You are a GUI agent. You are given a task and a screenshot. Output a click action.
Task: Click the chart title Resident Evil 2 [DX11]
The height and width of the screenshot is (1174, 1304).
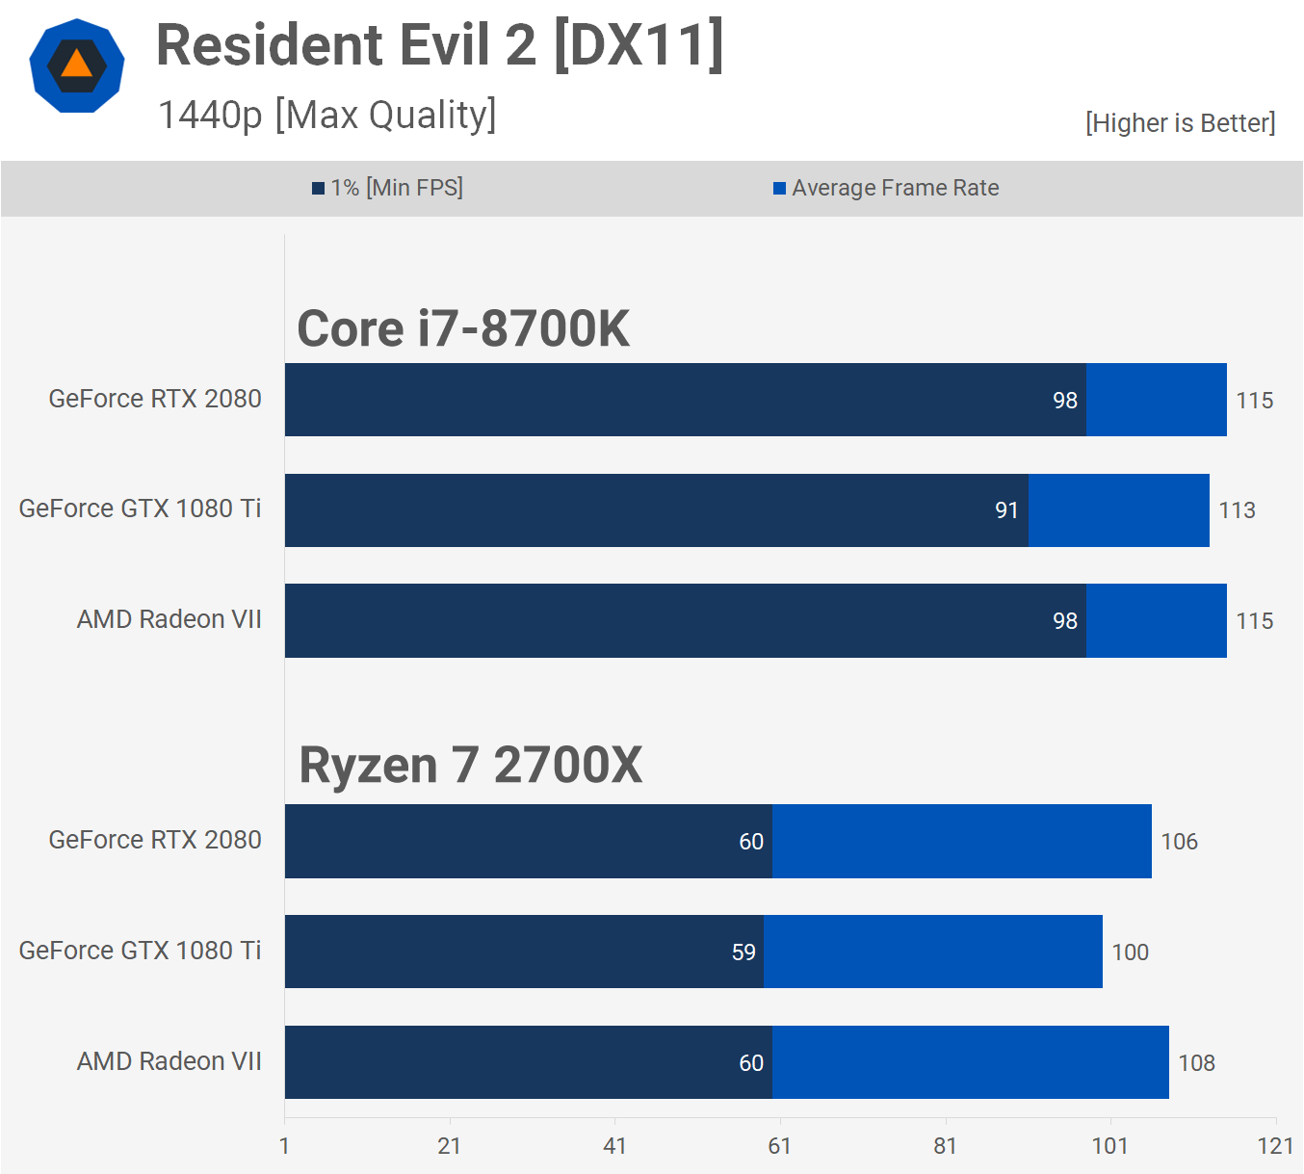click(x=439, y=45)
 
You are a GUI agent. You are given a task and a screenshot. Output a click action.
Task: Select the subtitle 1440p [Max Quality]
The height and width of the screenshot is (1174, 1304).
click(x=326, y=115)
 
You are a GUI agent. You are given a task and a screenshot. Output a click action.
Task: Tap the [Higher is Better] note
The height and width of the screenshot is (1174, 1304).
click(x=1180, y=123)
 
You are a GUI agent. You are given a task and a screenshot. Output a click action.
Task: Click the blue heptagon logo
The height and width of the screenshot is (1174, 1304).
click(x=77, y=65)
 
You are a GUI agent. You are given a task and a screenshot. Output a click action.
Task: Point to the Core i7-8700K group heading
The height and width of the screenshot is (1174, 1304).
click(x=462, y=328)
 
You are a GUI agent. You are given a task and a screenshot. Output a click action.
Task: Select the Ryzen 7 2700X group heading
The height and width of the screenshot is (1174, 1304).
click(x=470, y=766)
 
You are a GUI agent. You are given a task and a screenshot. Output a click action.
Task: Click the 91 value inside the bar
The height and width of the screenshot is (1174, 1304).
click(x=1006, y=510)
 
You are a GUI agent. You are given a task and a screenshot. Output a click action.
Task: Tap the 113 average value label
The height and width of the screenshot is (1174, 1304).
click(x=1237, y=510)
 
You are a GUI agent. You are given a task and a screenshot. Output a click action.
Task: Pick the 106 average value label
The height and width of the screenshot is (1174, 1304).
click(x=1179, y=842)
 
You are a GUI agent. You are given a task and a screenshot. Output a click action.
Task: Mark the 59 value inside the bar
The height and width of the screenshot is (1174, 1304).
click(x=743, y=952)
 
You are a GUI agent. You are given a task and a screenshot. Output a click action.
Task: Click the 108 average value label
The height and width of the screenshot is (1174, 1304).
click(x=1196, y=1063)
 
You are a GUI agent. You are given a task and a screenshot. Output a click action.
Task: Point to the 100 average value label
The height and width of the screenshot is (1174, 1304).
click(x=1130, y=952)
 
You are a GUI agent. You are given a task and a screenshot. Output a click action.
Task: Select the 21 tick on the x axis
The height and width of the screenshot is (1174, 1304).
click(x=449, y=1145)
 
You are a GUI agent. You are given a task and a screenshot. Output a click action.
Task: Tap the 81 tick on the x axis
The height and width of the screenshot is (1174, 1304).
click(x=945, y=1145)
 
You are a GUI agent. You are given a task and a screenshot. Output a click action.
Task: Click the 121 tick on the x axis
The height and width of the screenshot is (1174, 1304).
click(x=1275, y=1145)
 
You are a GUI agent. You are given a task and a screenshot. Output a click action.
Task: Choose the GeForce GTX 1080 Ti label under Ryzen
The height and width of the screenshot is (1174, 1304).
click(x=140, y=951)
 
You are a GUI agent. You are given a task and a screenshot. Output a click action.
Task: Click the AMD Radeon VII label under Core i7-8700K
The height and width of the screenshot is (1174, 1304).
click(x=169, y=619)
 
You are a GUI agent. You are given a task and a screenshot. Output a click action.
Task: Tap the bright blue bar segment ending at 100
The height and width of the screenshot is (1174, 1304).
click(x=932, y=952)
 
